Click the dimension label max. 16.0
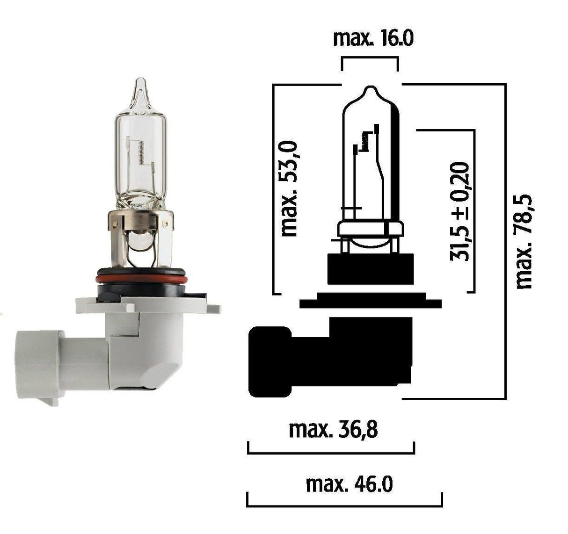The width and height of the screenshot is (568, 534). pos(373,38)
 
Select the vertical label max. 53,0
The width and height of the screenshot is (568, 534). pos(289,188)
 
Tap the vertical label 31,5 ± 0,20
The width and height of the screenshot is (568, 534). pos(459,211)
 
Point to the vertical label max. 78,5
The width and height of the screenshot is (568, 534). pos(524,241)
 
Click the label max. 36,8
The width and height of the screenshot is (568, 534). pos(333,429)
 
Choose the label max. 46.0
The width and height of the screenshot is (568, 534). pos(349,484)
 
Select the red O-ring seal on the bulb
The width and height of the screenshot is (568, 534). pos(141,279)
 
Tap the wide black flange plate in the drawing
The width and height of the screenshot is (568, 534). pos(370,304)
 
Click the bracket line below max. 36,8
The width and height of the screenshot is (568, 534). pos(331,453)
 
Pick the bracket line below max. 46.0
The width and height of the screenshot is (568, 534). pos(344,506)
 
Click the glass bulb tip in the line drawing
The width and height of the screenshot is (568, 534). pos(371,89)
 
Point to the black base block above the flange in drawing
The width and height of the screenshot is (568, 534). pos(371,269)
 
